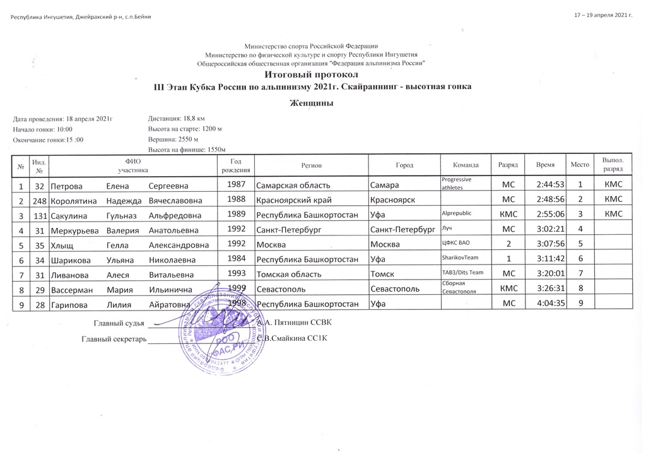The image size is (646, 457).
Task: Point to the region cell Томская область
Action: (289, 275)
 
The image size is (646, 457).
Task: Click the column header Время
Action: (546, 165)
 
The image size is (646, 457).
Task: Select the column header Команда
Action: (466, 165)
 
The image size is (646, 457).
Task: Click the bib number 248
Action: (39, 200)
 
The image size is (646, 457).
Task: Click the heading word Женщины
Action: (311, 103)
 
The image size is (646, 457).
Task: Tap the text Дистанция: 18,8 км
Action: (176, 118)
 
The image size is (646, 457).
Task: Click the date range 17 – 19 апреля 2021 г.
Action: (604, 15)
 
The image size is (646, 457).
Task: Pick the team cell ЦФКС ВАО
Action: (457, 244)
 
